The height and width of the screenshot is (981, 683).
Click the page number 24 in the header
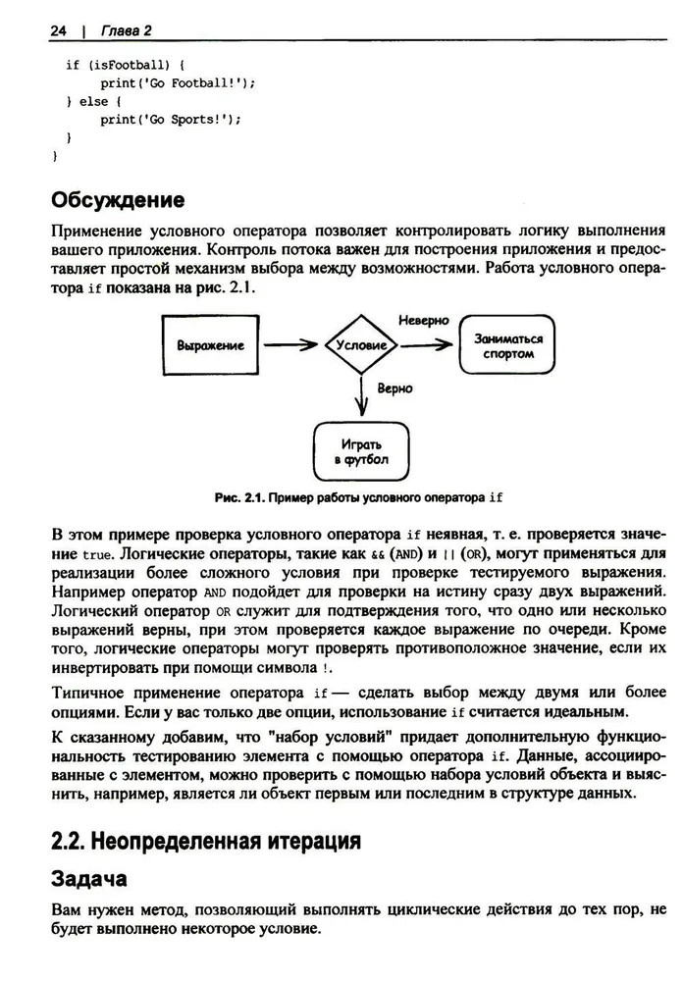pyautogui.click(x=57, y=31)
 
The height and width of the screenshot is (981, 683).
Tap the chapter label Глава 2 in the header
pyautogui.click(x=125, y=31)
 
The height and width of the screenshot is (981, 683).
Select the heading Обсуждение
pyautogui.click(x=117, y=201)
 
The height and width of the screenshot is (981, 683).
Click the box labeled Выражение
pyautogui.click(x=210, y=345)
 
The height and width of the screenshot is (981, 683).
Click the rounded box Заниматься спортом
pyautogui.click(x=507, y=345)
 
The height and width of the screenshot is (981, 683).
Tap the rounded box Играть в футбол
pyautogui.click(x=360, y=450)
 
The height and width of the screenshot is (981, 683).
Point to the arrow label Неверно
pyautogui.click(x=423, y=321)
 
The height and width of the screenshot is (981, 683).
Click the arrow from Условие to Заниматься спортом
pyautogui.click(x=428, y=345)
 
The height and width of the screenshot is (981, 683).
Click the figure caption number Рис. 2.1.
pyautogui.click(x=239, y=497)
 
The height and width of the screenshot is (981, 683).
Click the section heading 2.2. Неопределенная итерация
pyautogui.click(x=205, y=841)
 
